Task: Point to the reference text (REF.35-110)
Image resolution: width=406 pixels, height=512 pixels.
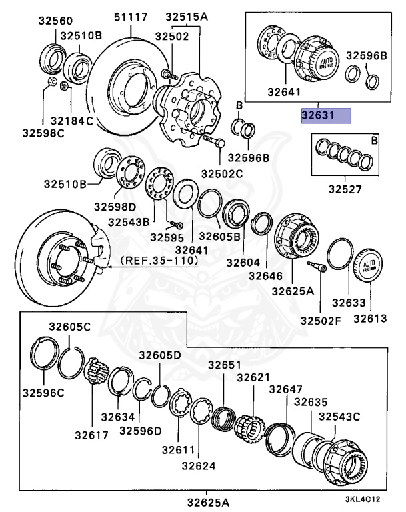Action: pos(159,261)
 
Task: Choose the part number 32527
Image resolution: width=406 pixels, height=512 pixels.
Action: pos(344,189)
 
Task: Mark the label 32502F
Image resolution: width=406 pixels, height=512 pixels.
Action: pos(320,320)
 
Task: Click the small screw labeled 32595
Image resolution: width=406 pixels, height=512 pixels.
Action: pos(177,225)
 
